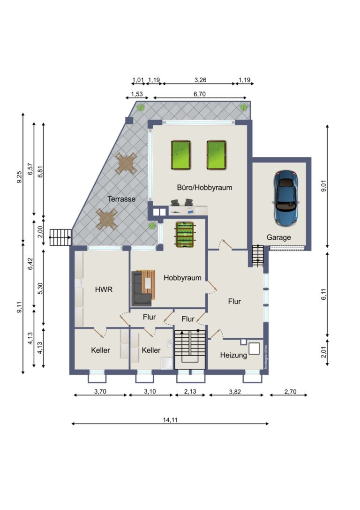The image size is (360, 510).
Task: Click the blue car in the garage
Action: point(286,197)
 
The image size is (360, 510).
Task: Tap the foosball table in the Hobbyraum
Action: point(184,234)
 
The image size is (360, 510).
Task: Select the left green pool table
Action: point(181,155)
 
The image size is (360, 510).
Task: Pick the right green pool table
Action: point(217,155)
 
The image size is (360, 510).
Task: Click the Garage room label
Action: point(279,237)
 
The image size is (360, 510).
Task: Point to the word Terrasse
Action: point(121,199)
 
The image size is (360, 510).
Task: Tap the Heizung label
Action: point(233,355)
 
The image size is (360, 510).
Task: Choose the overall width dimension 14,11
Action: point(170,420)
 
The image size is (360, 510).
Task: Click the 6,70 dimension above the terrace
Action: point(199,94)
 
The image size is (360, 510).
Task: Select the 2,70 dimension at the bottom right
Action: point(288,391)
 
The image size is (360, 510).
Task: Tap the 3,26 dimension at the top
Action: point(199,80)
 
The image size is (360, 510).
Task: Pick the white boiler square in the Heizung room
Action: point(255,348)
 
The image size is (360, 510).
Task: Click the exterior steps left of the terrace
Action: point(60,237)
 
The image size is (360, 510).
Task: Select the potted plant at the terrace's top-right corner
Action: point(243,107)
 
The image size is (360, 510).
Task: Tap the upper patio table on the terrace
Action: point(127,163)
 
